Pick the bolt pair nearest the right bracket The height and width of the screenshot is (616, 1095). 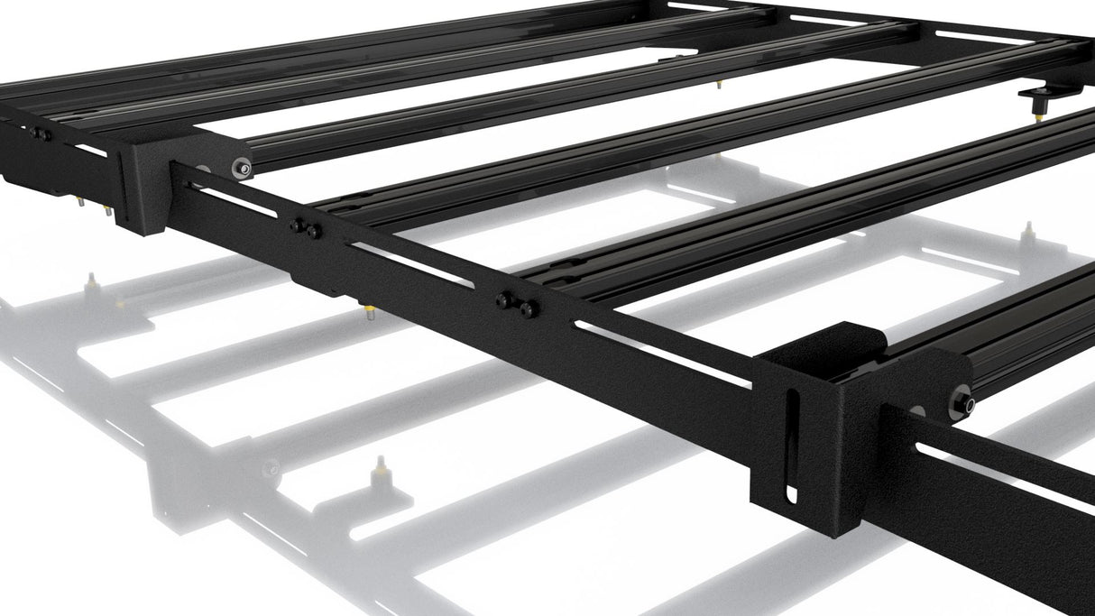[517, 304]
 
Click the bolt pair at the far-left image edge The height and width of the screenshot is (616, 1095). [39, 134]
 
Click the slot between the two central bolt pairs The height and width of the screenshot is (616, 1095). [410, 265]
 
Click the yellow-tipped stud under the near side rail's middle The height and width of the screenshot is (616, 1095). [369, 311]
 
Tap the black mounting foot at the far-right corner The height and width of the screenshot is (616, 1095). [1046, 96]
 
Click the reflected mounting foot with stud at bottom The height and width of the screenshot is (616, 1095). [380, 478]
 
